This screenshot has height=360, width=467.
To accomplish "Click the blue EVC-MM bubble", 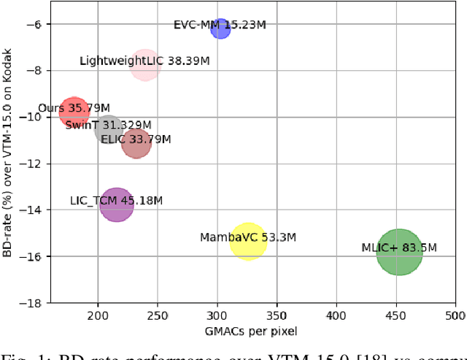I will click(x=220, y=28).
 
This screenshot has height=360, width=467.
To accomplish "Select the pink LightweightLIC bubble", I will click(x=146, y=64).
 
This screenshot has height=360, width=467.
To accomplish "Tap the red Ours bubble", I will click(x=74, y=112).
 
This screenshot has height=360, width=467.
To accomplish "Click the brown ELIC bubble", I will click(x=136, y=143).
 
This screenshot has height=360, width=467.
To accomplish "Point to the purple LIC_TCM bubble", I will click(x=117, y=205).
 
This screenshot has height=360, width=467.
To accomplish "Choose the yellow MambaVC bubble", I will click(x=248, y=241).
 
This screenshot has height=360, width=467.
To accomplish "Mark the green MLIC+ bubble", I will click(x=399, y=252).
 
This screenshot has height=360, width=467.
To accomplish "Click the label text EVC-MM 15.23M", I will click(x=220, y=25).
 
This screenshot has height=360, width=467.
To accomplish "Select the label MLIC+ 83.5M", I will click(x=399, y=248).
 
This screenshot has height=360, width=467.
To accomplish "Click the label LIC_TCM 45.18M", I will click(x=116, y=200).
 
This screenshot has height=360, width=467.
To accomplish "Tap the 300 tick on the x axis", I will click(x=217, y=315).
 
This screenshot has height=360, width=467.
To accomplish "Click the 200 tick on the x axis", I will click(x=98, y=315).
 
